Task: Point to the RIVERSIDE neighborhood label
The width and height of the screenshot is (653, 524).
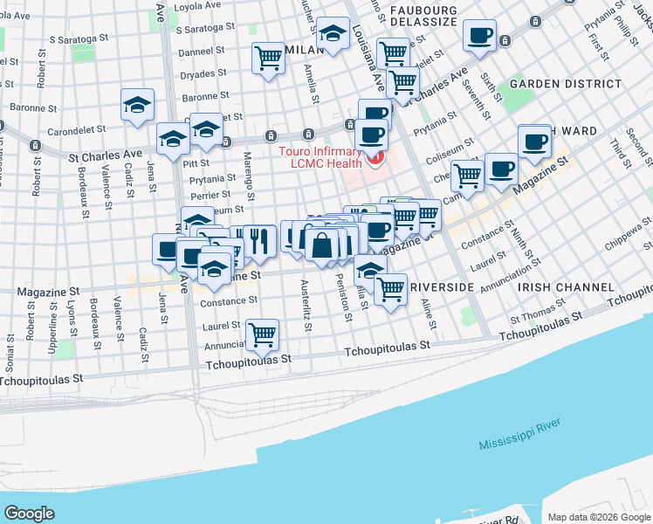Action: (441, 286)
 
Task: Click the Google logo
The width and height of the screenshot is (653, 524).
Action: (30, 514)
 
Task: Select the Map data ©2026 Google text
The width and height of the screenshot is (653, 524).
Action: (598, 516)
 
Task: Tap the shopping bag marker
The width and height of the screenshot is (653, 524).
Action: (321, 245)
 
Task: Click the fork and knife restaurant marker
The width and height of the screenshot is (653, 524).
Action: (259, 240)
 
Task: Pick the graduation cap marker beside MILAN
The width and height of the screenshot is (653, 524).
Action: (332, 35)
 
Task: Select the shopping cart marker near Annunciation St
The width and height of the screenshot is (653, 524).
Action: (262, 333)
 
